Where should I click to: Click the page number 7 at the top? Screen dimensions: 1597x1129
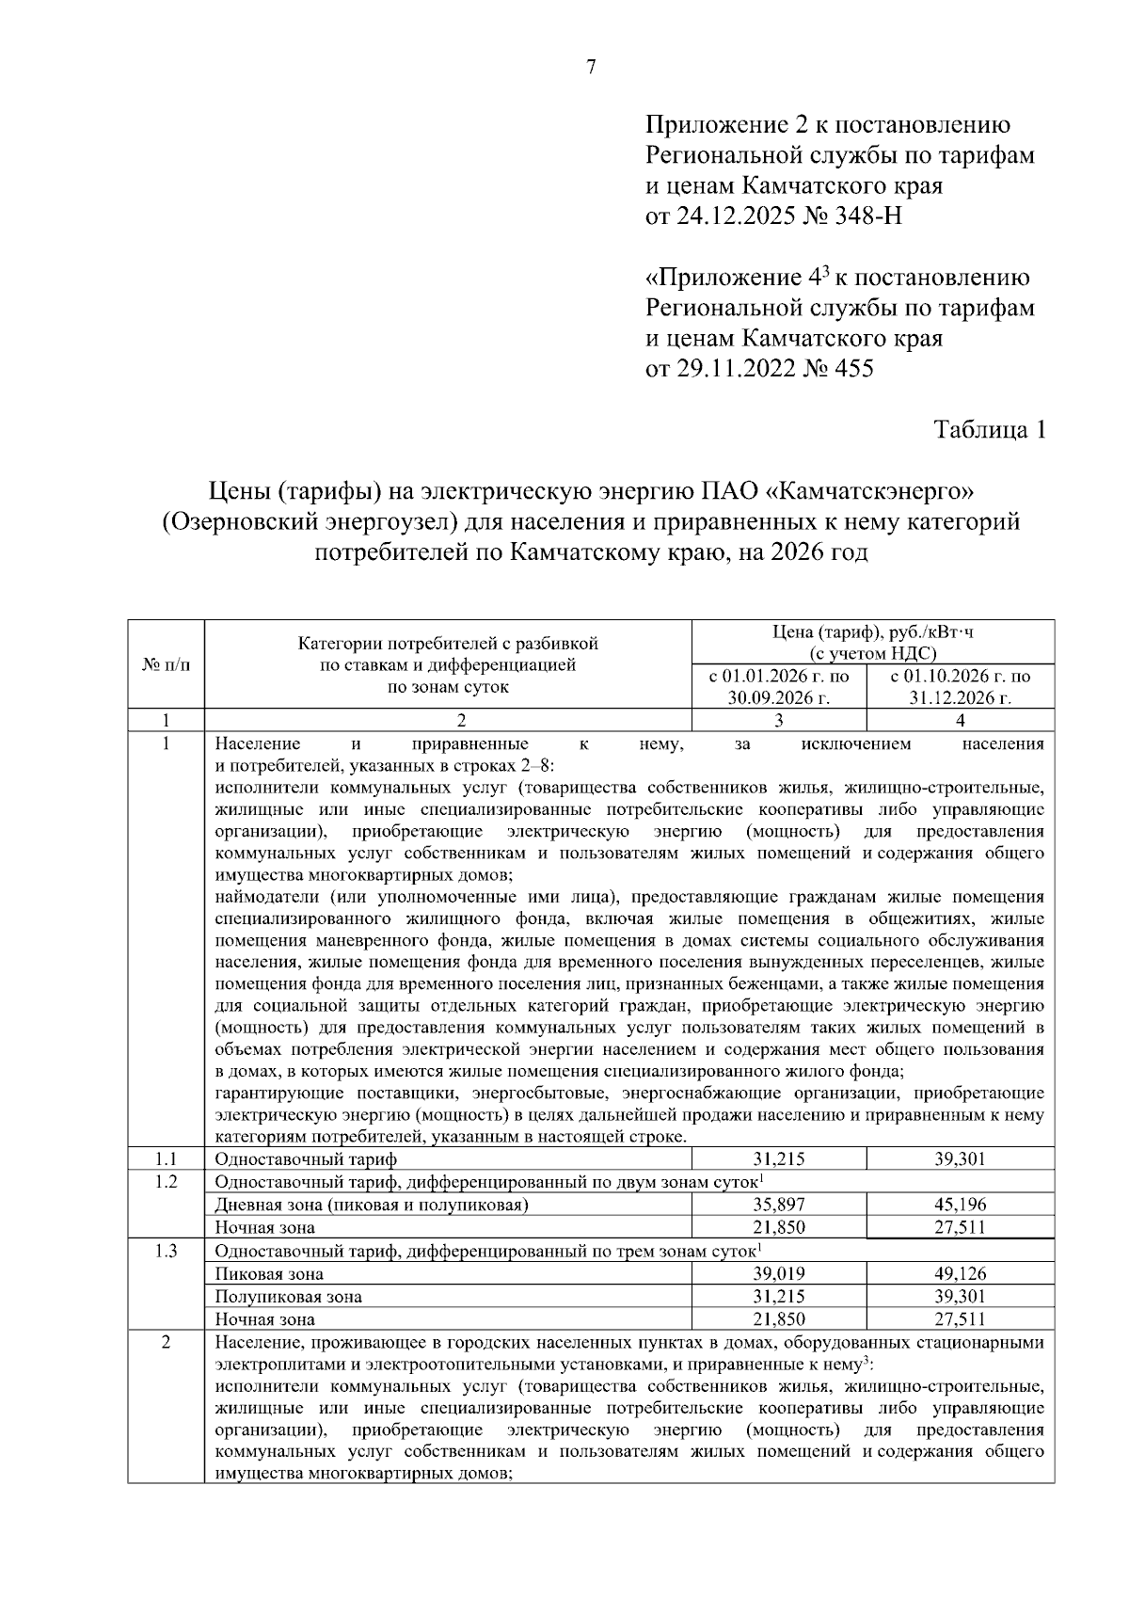coord(591,67)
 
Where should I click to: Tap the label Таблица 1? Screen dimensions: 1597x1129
coord(989,430)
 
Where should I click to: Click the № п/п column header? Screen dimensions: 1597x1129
coord(166,665)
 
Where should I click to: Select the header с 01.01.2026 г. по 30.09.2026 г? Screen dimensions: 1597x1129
coord(778,687)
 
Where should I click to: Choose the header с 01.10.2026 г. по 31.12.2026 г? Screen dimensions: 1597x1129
coord(960,687)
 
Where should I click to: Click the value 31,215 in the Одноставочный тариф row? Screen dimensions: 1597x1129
coord(778,1158)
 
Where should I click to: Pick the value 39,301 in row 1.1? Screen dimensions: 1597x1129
coord(960,1158)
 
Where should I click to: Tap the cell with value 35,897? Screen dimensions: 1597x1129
coord(778,1204)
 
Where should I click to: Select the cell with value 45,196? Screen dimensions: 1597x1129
coord(960,1204)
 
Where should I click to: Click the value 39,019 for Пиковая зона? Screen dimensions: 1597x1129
coord(778,1273)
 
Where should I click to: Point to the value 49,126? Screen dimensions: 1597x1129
coord(960,1273)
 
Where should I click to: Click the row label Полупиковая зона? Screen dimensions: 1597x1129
coord(288,1296)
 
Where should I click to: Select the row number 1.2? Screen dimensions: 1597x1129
coord(166,1181)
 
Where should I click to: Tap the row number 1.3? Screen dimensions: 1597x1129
coord(166,1251)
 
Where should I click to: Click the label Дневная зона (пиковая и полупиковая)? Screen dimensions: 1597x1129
coord(372,1204)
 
